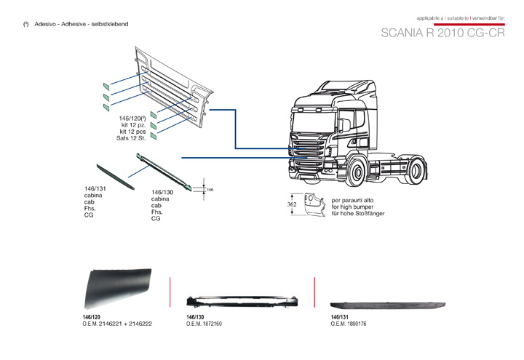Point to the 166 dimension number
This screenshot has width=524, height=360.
click(x=210, y=189)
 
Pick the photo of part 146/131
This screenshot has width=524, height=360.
click(x=387, y=305)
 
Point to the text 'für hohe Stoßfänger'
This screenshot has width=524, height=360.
click(x=358, y=213)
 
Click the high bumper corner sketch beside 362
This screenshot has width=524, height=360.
click(x=311, y=205)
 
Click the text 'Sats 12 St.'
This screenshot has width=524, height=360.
click(x=132, y=138)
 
